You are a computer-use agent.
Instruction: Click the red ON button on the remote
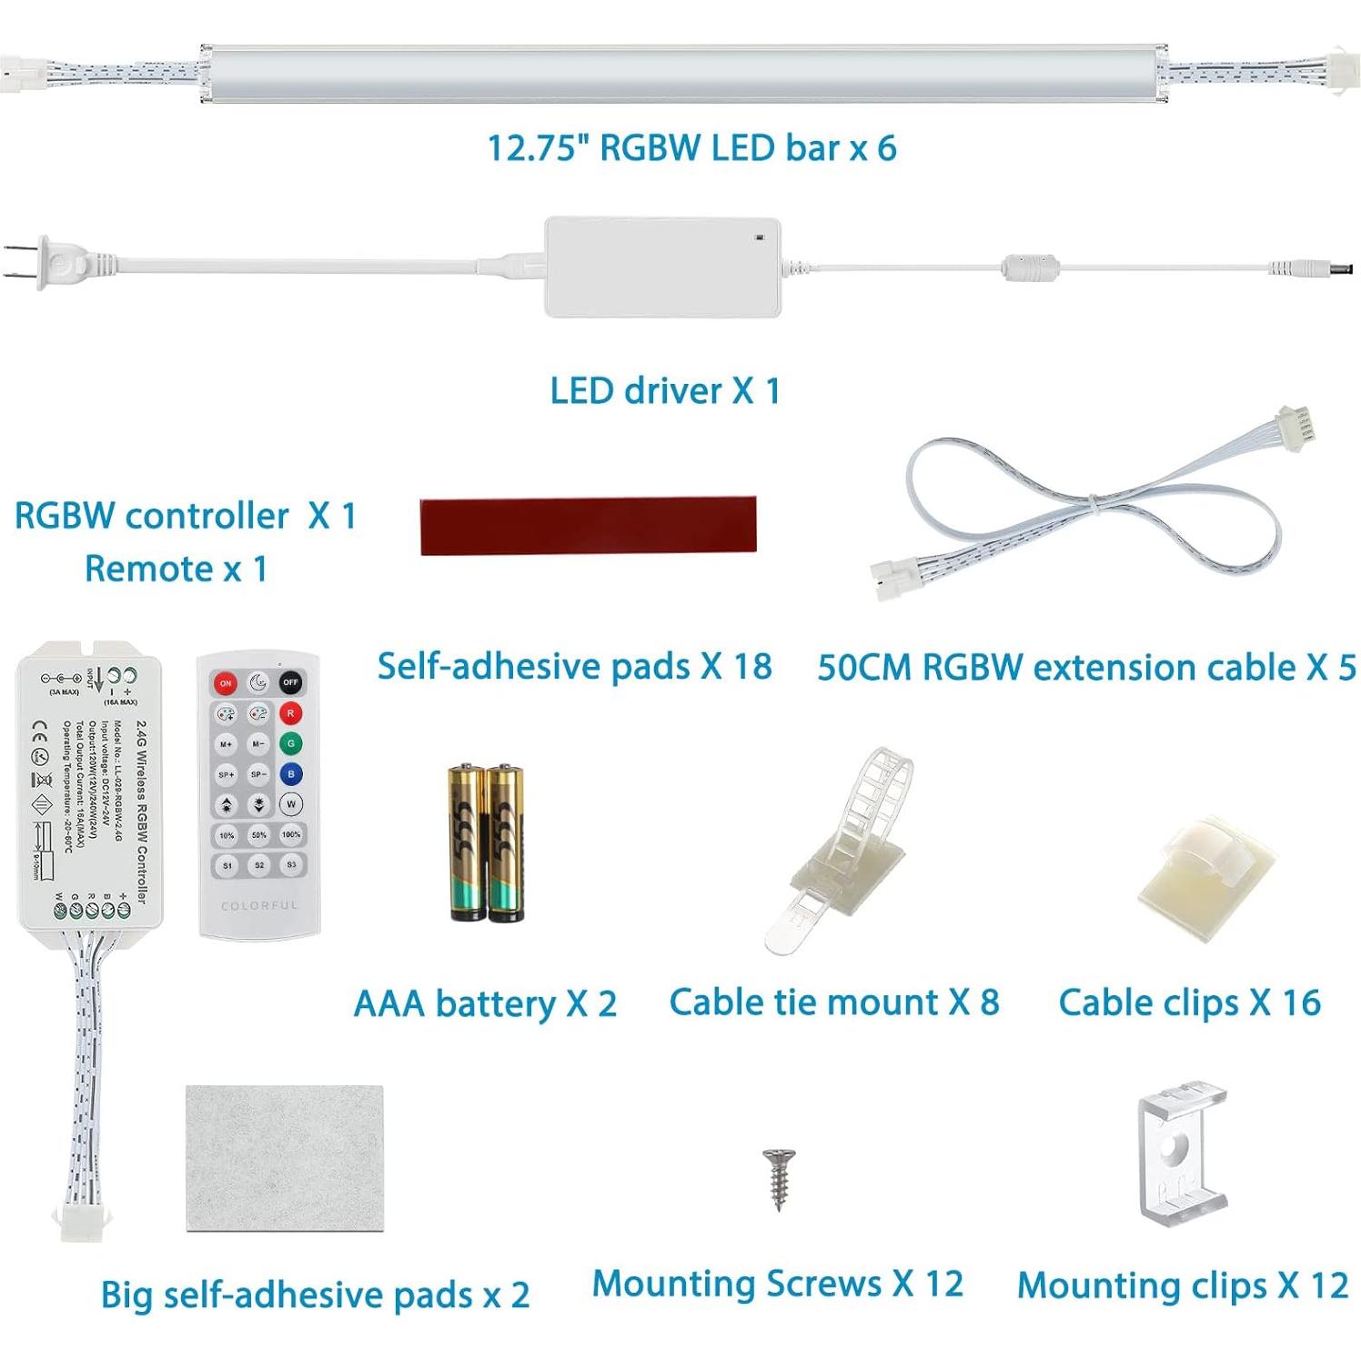225,682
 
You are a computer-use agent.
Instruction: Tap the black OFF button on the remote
290,682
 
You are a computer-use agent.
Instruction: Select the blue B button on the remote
290,774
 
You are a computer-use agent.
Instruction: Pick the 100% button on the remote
291,834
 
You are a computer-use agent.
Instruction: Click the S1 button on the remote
227,865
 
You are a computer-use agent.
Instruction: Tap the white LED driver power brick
662,267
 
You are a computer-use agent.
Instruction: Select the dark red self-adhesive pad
588,525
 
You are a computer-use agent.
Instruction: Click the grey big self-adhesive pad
284,1157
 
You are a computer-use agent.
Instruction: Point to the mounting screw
778,1178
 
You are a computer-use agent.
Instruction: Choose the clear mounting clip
1182,1154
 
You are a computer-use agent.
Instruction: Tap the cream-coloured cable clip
1206,877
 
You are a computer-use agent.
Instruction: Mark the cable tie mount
846,846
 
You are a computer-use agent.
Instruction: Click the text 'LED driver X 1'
665,391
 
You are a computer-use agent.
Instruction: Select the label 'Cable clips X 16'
1189,1003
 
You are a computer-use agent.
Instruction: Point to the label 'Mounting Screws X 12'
778,1284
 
